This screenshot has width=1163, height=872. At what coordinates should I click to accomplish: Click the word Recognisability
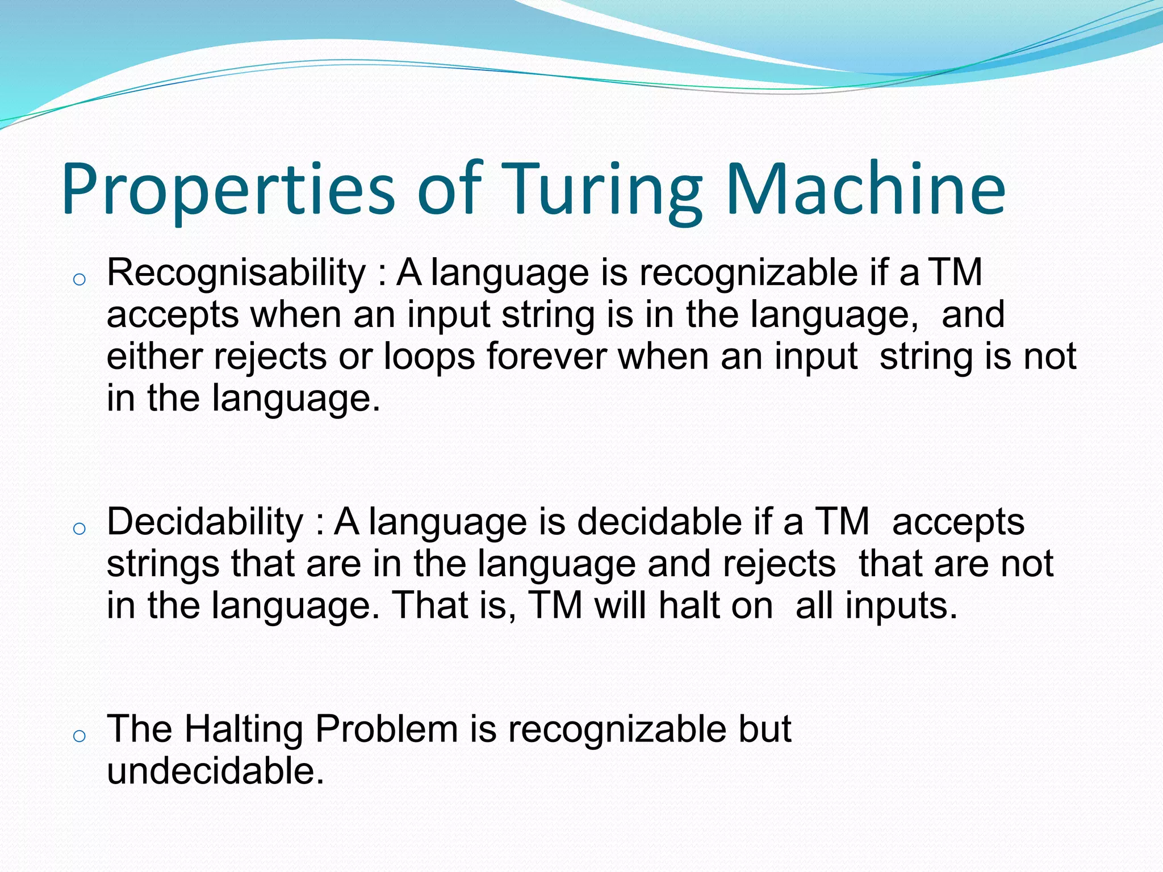[x=236, y=273]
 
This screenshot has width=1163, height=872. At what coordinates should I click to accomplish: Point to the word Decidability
[x=205, y=522]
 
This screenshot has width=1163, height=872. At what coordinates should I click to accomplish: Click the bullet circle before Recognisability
[x=80, y=279]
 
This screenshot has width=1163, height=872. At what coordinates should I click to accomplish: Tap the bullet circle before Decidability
[x=80, y=529]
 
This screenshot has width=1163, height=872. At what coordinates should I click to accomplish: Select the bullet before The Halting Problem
[x=80, y=736]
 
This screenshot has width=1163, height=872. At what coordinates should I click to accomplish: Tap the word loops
[x=429, y=357]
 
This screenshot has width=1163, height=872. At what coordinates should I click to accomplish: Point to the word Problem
[x=386, y=729]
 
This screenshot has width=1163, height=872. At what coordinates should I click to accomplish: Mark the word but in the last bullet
[x=764, y=729]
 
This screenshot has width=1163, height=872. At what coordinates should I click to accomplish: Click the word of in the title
[x=449, y=190]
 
